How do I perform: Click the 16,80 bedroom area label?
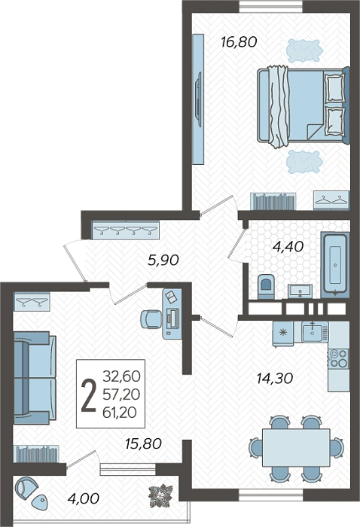(239, 42)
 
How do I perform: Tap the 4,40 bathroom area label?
(288, 247)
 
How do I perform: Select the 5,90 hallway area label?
(163, 260)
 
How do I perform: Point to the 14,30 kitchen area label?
(275, 379)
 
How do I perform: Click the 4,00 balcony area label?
(84, 498)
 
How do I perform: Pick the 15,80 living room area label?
(143, 443)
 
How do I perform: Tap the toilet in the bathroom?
(266, 287)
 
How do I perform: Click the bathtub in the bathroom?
(335, 264)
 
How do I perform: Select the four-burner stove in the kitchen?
(338, 358)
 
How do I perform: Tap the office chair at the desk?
(151, 318)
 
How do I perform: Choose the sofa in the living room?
(35, 377)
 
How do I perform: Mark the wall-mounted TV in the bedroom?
(198, 99)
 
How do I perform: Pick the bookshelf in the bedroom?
(273, 201)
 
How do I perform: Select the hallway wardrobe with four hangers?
(125, 230)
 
